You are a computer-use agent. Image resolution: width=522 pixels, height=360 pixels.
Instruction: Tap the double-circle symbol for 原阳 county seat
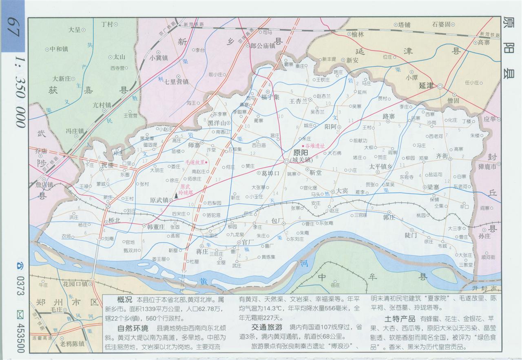pyautogui.click(x=287, y=162)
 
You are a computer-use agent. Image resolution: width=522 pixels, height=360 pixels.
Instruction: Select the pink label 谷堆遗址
pyautogui.click(x=314, y=145)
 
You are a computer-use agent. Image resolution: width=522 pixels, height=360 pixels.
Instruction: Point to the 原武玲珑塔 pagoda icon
pyautogui.click(x=176, y=196)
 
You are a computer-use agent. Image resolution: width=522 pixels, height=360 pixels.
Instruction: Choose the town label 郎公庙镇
pyautogui.click(x=263, y=46)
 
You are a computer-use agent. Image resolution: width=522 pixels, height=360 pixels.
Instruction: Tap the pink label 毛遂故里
pyautogui.click(x=195, y=162)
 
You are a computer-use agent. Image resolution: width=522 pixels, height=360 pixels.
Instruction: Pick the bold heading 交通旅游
pyautogui.click(x=266, y=327)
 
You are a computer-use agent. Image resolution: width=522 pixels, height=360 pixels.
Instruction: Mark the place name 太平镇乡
pyautogui.click(x=380, y=167)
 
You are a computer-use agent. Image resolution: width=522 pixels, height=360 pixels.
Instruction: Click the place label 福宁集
pyautogui.click(x=270, y=97)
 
